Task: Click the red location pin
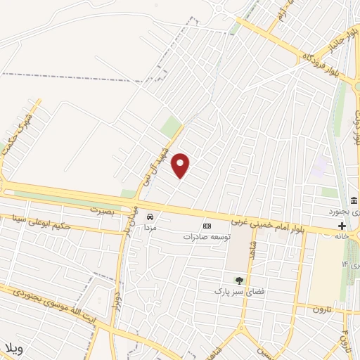[x=181, y=165]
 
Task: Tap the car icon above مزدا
[x=149, y=217]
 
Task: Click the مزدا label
[x=149, y=228]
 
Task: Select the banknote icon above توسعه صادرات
[x=207, y=226]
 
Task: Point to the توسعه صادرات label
[x=207, y=237]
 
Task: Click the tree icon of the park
[x=238, y=280]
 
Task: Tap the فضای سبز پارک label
[x=238, y=290]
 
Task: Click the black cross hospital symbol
[x=342, y=226]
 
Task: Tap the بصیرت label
[x=101, y=210]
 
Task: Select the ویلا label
[x=14, y=349]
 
